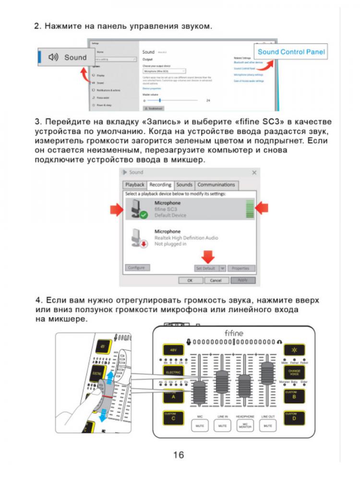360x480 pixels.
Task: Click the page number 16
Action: click(x=178, y=455)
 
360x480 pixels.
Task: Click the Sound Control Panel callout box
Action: click(x=291, y=52)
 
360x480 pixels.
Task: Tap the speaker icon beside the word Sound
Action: click(x=53, y=57)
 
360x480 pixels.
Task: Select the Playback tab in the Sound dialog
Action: click(x=135, y=185)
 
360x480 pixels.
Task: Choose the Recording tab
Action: click(x=160, y=185)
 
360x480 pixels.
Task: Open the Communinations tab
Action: click(x=216, y=185)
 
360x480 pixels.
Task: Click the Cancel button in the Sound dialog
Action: click(x=216, y=280)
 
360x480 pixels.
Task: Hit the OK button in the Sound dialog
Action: click(x=190, y=280)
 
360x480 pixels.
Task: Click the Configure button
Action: click(x=137, y=268)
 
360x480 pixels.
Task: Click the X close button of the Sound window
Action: click(x=254, y=172)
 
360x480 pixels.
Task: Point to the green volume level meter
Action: click(x=249, y=209)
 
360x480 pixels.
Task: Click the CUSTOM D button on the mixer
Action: click(x=294, y=417)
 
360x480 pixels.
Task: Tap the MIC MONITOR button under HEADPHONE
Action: click(x=245, y=425)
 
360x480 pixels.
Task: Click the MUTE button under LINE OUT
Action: click(x=268, y=425)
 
